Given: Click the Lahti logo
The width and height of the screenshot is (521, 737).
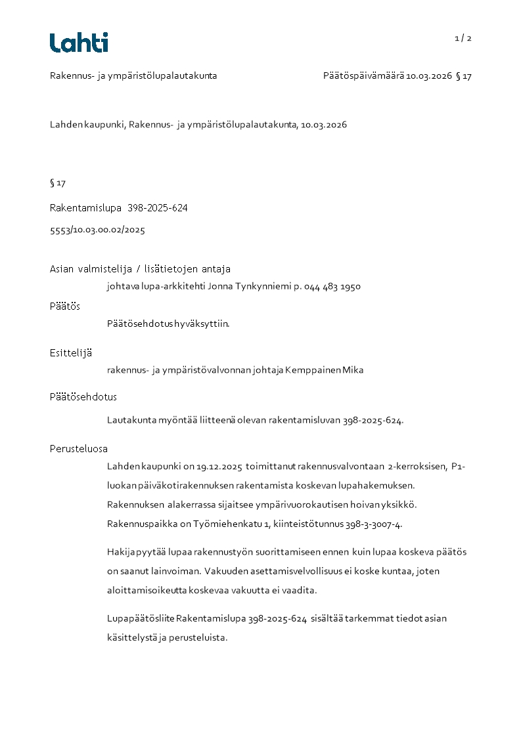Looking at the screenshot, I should point(79,42).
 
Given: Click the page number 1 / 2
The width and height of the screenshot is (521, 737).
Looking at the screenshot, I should point(463,38).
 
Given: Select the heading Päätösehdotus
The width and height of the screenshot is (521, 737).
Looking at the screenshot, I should point(83,397).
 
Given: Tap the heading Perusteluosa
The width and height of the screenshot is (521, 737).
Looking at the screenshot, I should point(79,449).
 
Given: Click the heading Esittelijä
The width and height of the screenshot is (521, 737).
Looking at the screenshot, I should point(71,352).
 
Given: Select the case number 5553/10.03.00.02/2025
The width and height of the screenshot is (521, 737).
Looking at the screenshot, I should point(97,230).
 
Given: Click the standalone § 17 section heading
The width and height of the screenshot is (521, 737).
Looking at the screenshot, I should point(58,182).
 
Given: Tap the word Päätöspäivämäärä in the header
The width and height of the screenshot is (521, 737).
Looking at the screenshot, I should point(363,76).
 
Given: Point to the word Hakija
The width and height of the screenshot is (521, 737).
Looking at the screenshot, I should point(120,551).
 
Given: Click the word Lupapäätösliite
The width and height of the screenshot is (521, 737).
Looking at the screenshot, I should point(140,618).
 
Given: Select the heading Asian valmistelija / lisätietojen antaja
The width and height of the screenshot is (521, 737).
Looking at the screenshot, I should point(140,269).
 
